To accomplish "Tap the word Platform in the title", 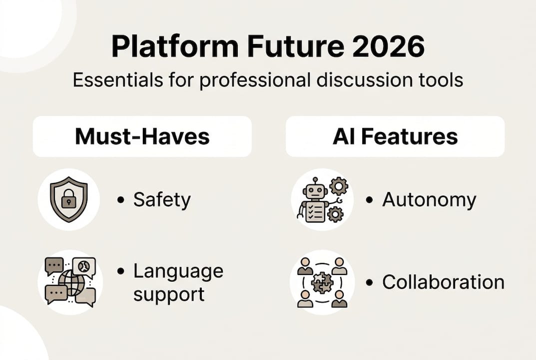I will click(174, 47).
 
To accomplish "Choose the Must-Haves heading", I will click(142, 136).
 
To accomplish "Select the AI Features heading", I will click(395, 136).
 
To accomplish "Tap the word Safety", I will click(162, 200).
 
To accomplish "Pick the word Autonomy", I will click(429, 200).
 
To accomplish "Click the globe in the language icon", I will click(71, 283).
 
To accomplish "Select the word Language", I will click(178, 271).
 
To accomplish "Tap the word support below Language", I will click(169, 294).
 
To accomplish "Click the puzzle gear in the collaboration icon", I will click(322, 283).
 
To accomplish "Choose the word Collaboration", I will click(443, 282).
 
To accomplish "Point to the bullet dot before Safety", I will click(120, 200).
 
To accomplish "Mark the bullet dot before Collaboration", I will click(370, 282).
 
